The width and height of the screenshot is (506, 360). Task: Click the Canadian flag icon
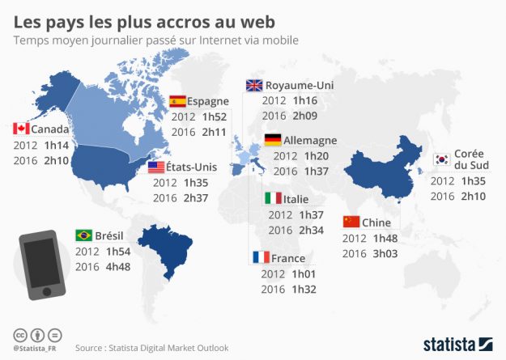click(21, 129)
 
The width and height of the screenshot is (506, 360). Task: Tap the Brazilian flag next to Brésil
click(83, 235)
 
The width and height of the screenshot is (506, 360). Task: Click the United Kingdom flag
click(254, 85)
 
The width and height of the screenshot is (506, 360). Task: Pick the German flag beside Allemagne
click(274, 140)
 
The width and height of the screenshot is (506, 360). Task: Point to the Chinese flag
click(351, 222)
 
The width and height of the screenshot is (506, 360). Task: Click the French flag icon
click(261, 258)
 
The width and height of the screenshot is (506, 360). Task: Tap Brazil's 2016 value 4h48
click(118, 265)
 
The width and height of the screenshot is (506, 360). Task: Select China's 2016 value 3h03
click(385, 253)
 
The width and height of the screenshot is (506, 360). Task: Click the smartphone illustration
click(39, 263)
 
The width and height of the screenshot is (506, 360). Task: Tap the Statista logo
click(457, 343)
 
